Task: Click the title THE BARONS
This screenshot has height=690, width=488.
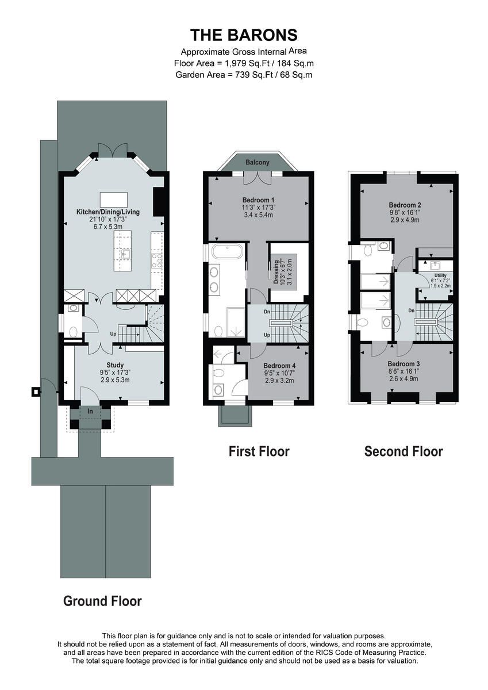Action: (244, 35)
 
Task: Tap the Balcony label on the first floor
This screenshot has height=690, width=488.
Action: (258, 162)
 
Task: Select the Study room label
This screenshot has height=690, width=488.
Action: (115, 365)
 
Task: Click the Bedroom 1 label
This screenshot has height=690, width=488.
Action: (258, 200)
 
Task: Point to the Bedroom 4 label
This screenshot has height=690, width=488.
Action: (279, 366)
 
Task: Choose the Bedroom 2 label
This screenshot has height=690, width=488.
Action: (405, 205)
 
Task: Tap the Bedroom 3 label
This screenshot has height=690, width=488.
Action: (404, 364)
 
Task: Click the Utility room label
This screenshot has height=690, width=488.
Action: (440, 275)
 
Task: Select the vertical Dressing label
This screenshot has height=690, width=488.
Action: (276, 272)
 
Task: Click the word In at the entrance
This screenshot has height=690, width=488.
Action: (90, 411)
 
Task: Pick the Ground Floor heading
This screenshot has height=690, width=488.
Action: (102, 601)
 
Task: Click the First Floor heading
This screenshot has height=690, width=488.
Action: (259, 451)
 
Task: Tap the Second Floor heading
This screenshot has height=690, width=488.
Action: (404, 451)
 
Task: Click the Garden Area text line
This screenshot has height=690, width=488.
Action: (244, 75)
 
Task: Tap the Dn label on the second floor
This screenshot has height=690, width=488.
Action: (412, 310)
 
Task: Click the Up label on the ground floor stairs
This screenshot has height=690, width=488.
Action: (113, 333)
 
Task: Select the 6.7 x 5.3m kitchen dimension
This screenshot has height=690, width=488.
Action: (108, 227)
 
